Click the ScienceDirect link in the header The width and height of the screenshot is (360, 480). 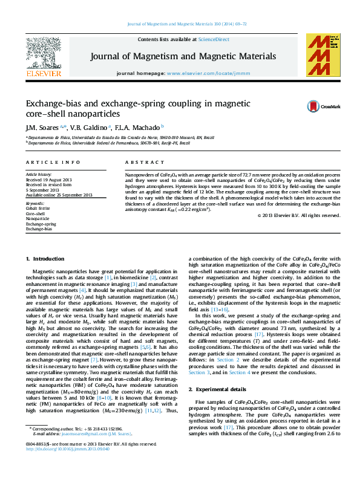[x=214, y=39]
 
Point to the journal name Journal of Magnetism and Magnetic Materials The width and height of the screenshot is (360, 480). [x=183, y=56]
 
